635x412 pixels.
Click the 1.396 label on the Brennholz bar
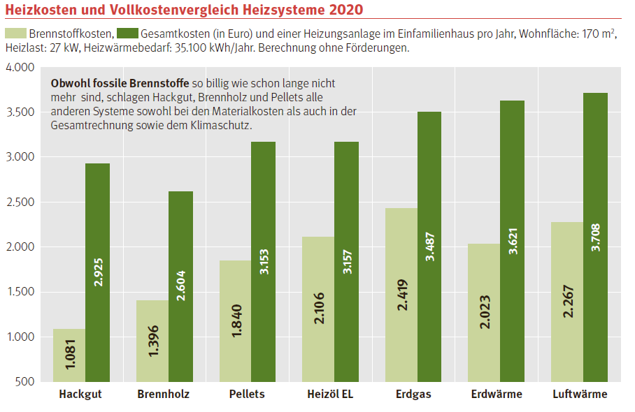[x=152, y=341]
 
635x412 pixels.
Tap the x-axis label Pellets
[x=247, y=395]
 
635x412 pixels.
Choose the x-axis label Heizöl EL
[x=330, y=395]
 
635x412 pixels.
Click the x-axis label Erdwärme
[x=497, y=395]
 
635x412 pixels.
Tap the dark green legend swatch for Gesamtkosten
[x=127, y=34]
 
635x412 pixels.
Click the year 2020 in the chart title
[x=343, y=10]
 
